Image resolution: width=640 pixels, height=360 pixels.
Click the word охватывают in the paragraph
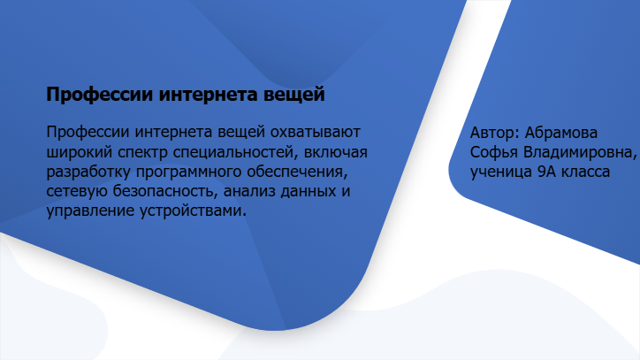coord(315,133)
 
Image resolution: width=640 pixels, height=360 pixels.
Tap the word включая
coord(336,152)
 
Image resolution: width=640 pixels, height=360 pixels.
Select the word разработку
coord(88,172)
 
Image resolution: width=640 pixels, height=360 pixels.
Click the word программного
coord(188,172)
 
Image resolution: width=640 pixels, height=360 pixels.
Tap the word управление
coord(91,211)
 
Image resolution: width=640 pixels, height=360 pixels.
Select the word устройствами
coord(192,211)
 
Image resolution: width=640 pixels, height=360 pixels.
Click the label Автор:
coord(495,133)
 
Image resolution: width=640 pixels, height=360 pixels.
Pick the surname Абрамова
coord(561,133)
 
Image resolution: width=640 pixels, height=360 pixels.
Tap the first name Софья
coord(494,152)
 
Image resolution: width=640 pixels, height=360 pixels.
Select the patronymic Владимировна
coord(580,152)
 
